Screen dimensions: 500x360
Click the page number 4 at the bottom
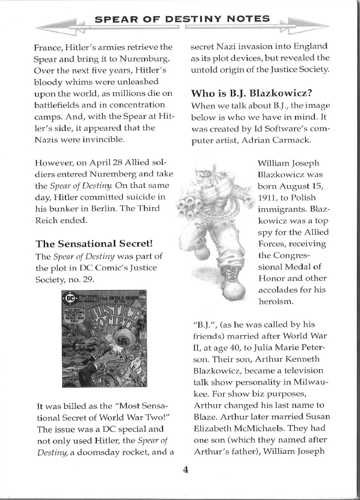tap(186, 469)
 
